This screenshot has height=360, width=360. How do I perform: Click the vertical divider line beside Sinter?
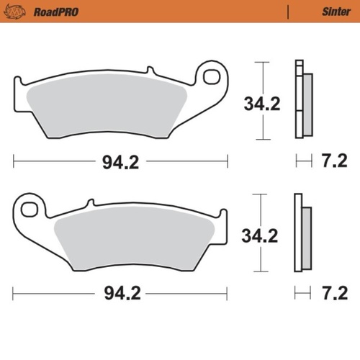[x=288, y=12]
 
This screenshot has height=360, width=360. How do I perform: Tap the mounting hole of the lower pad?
[x=30, y=209]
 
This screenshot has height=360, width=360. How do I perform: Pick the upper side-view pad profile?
[x=302, y=101]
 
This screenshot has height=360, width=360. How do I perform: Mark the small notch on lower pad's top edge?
[x=91, y=204]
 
